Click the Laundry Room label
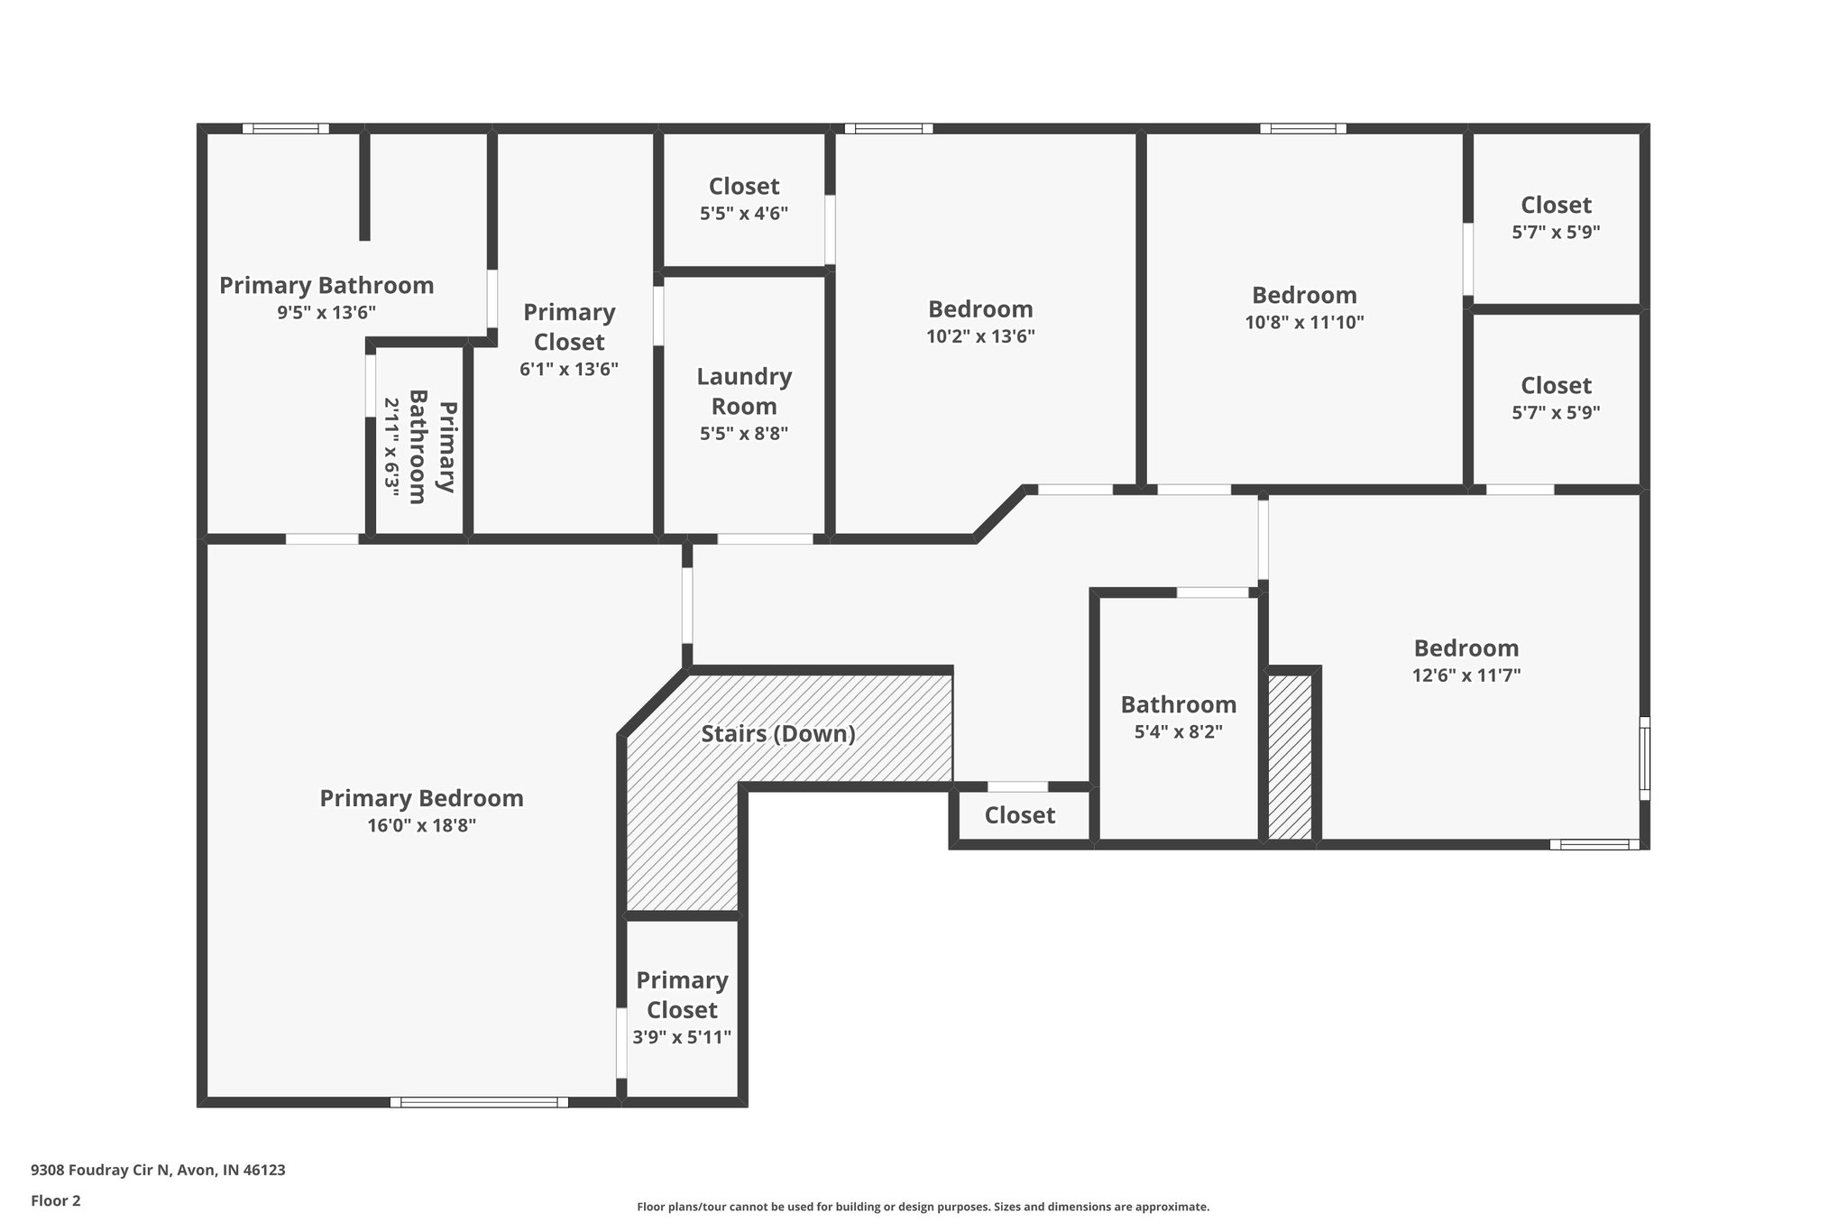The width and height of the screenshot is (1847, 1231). (x=744, y=390)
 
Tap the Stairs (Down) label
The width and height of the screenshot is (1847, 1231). (x=778, y=733)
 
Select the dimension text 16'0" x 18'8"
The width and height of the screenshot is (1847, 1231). (x=421, y=825)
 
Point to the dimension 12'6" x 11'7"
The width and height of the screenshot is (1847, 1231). (x=1466, y=675)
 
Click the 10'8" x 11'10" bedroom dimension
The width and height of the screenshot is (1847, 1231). (x=1304, y=322)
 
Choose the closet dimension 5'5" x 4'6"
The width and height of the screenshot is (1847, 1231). (x=744, y=214)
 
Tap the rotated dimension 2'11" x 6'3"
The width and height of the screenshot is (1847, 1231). (x=392, y=443)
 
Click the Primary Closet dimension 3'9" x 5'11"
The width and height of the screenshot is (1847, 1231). (x=682, y=1037)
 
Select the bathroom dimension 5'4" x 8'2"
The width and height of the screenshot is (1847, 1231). (x=1178, y=731)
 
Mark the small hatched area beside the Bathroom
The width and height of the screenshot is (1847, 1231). (x=1290, y=757)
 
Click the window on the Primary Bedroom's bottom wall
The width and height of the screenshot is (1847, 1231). (x=479, y=1102)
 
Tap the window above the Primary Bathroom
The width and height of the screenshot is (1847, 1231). (x=285, y=129)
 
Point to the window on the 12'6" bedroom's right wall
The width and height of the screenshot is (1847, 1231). (x=1644, y=758)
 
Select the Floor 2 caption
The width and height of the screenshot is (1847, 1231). (x=56, y=1200)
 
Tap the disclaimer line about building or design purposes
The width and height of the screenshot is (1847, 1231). (x=923, y=1207)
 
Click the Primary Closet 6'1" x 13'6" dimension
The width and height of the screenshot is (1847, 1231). (x=569, y=369)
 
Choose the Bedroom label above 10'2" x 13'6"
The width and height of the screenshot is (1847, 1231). (x=980, y=309)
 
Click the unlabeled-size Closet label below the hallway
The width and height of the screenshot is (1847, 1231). (x=1019, y=815)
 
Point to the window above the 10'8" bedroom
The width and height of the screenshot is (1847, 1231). (x=1303, y=129)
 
